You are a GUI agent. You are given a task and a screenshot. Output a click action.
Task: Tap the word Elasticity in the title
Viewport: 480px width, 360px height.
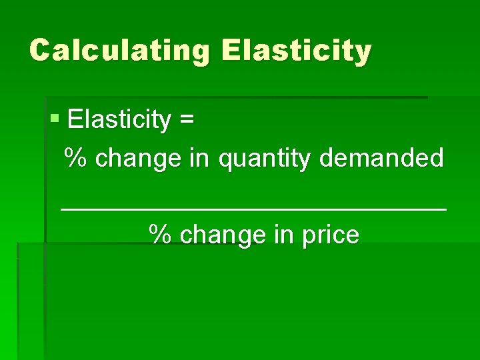click(x=296, y=50)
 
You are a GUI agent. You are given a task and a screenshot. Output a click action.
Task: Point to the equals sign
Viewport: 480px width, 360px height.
click(x=187, y=121)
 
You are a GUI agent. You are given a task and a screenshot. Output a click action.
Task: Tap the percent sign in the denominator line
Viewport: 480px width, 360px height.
click(x=159, y=235)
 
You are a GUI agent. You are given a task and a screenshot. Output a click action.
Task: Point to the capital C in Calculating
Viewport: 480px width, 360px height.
click(x=41, y=50)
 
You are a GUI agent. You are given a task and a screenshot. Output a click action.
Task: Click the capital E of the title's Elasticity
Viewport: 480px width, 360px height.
click(x=231, y=50)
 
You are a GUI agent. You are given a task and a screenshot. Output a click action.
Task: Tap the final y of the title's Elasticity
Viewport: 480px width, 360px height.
click(x=362, y=53)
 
